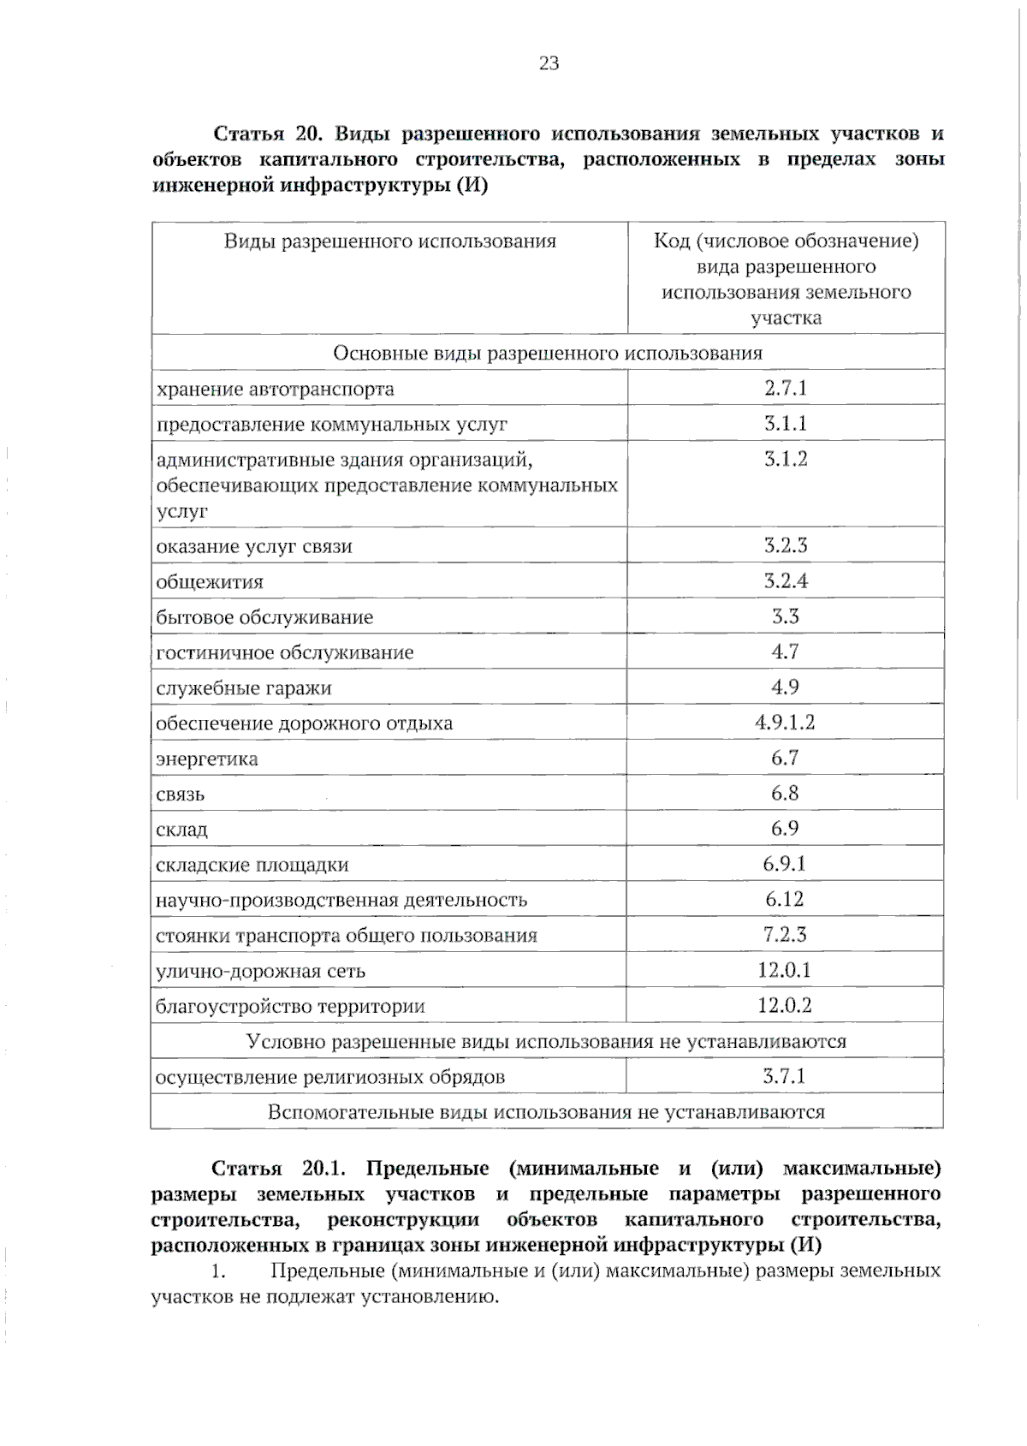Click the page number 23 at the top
549,63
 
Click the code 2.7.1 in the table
786,388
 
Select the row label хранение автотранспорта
275,390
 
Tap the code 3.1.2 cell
786,459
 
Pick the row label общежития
210,582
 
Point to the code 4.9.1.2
785,722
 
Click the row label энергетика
206,759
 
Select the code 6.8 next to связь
785,793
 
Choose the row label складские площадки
252,865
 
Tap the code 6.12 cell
785,899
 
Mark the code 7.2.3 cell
785,934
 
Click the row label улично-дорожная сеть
260,971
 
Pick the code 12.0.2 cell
785,1005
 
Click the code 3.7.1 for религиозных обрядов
785,1076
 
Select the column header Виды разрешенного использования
390,241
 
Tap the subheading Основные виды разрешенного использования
548,353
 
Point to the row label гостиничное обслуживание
284,652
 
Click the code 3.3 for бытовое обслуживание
785,616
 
